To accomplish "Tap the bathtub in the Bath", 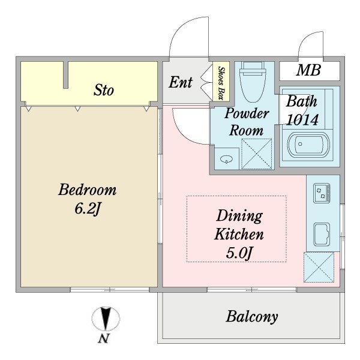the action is [x=308, y=145].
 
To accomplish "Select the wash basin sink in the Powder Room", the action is [x=226, y=159].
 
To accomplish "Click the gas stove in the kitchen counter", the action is [x=322, y=193].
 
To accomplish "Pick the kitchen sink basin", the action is [x=322, y=234].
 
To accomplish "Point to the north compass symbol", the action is [x=106, y=319].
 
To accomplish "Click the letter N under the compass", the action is [x=104, y=338].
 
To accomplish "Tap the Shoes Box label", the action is [x=221, y=83].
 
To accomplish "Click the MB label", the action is [x=308, y=70].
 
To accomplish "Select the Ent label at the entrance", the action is [x=181, y=82].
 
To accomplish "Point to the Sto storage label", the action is [x=104, y=90].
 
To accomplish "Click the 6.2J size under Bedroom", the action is [x=88, y=209].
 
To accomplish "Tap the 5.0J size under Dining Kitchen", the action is [x=239, y=253].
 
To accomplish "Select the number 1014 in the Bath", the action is [x=302, y=119].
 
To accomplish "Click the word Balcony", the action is [x=252, y=317].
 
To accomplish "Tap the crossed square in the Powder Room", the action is [x=257, y=154].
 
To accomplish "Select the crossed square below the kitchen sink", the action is [x=319, y=267].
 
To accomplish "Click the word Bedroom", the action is [x=87, y=190].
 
